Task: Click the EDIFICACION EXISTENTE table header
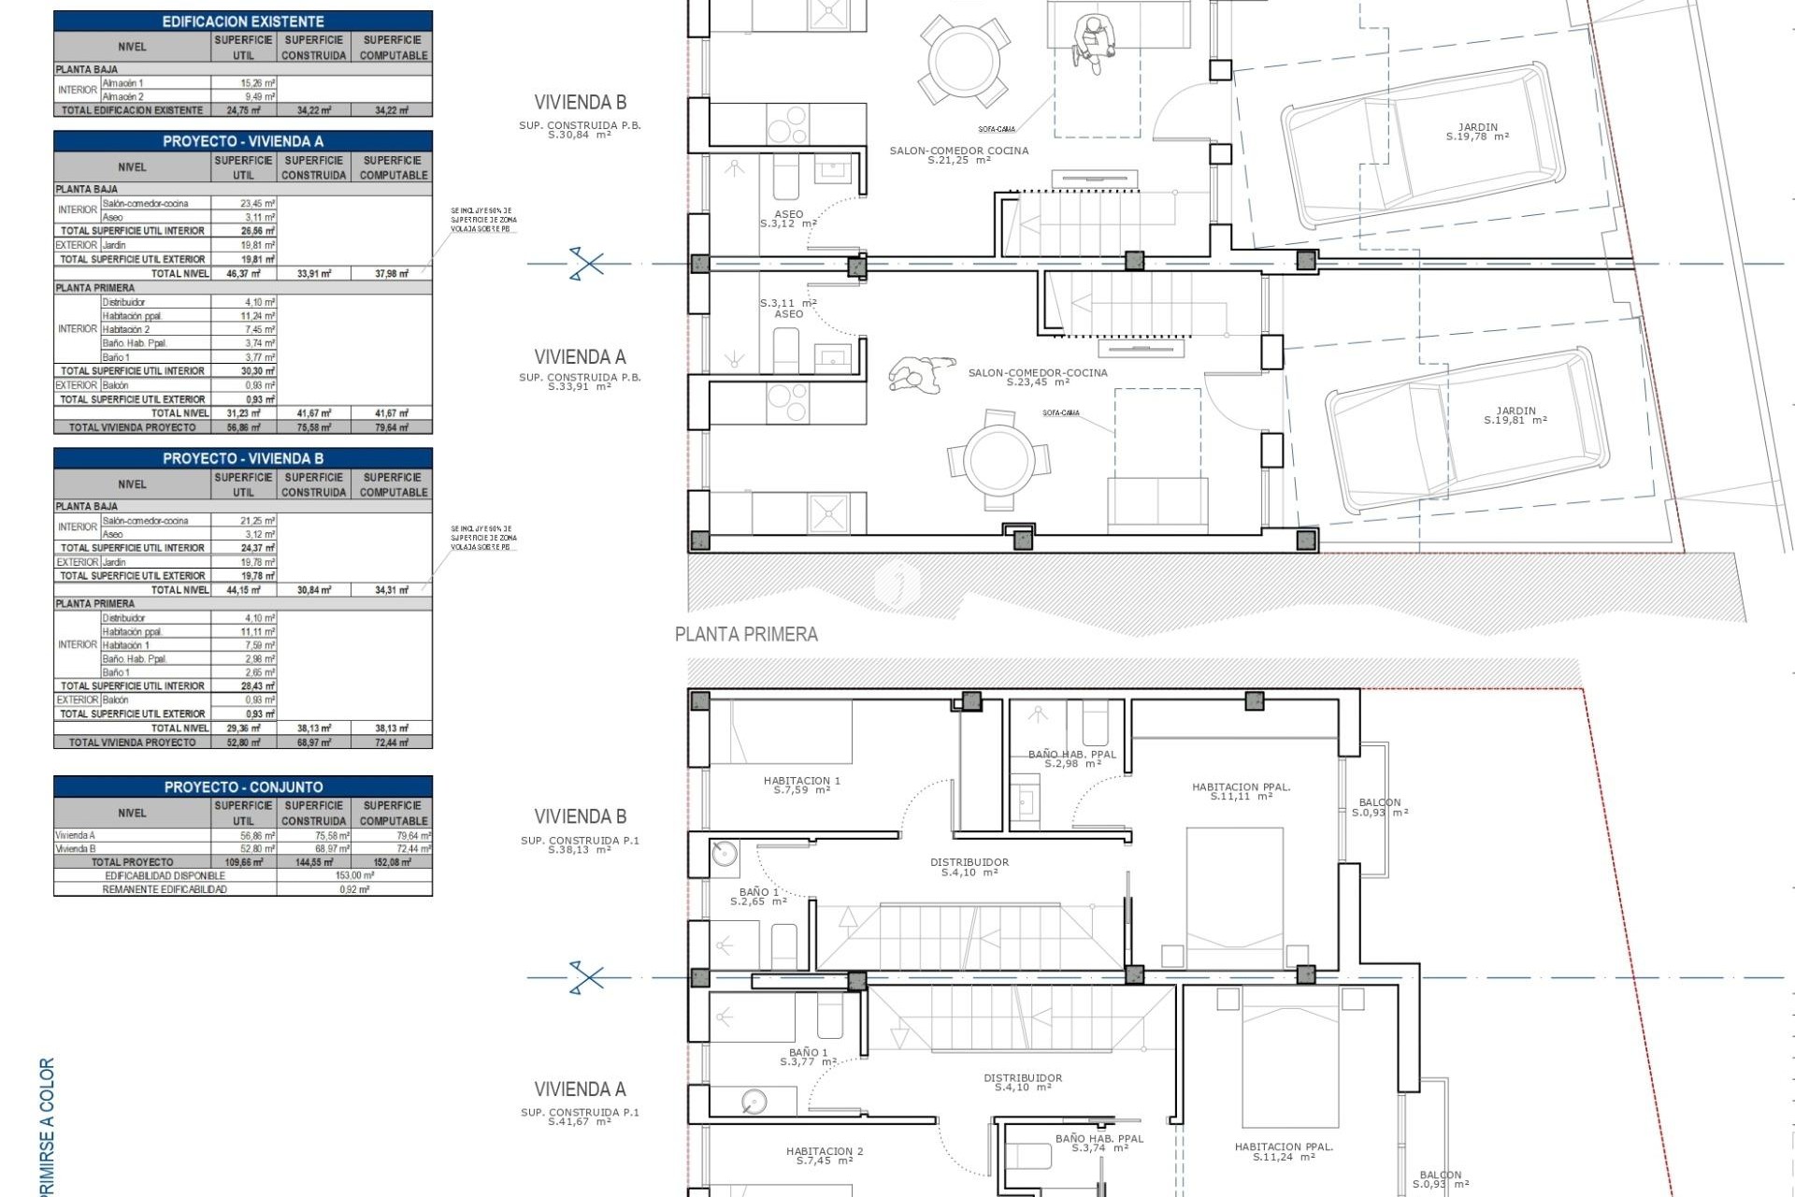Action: [243, 21]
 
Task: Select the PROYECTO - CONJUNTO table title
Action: [243, 786]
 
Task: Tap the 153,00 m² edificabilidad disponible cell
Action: [354, 875]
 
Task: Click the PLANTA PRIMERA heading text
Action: [746, 634]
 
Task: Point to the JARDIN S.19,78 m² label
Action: [1477, 132]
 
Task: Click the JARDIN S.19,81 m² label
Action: [1515, 415]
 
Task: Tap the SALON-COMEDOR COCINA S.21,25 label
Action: [959, 155]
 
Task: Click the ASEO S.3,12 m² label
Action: [788, 219]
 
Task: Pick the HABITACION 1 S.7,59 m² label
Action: [802, 785]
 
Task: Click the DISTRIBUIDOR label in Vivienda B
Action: [969, 867]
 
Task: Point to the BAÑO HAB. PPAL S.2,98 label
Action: [1072, 758]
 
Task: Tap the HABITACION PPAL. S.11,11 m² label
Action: [1241, 791]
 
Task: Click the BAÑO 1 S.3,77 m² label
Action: [808, 1057]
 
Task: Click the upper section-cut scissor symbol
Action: [586, 264]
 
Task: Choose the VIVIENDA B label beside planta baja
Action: [580, 102]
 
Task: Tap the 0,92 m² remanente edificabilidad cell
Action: [354, 889]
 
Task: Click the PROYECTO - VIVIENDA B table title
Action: [243, 458]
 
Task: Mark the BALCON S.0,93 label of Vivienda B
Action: [1380, 807]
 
